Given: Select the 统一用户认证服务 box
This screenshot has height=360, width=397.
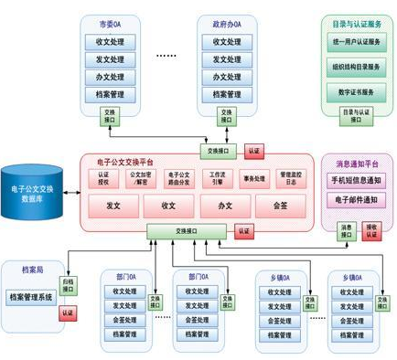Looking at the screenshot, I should click(x=356, y=42).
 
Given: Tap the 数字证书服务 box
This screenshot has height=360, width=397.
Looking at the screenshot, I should click(x=356, y=90).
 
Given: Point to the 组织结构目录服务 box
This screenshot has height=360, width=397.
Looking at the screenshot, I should click(x=356, y=66).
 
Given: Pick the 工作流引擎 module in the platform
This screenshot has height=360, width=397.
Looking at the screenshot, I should click(x=217, y=176).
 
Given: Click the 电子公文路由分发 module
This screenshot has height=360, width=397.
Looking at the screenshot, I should click(x=180, y=176).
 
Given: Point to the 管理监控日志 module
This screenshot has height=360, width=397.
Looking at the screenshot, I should click(x=291, y=176).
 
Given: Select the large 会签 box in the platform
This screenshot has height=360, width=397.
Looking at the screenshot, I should click(x=278, y=206).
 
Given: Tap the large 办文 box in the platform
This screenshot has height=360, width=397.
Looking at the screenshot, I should click(x=224, y=206).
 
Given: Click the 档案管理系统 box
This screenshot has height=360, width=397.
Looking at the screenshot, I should click(x=32, y=296).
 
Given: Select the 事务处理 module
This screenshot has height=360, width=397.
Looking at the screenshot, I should click(x=253, y=177).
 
